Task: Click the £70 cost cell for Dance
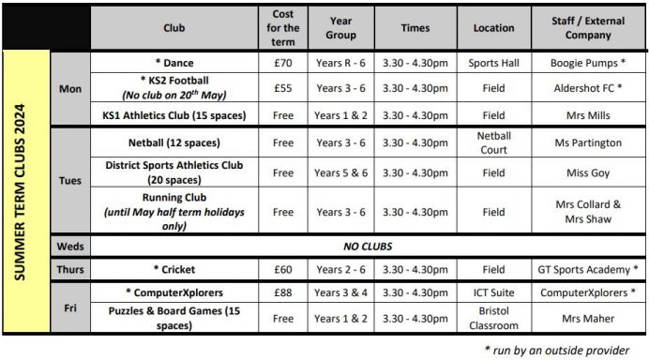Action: (x=282, y=63)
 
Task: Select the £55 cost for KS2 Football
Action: (x=282, y=88)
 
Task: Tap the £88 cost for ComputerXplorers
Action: (x=282, y=293)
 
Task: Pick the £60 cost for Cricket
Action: (x=282, y=270)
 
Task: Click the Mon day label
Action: (x=70, y=88)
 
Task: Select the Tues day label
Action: (x=70, y=180)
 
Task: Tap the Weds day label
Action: (x=70, y=247)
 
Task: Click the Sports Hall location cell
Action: (x=493, y=63)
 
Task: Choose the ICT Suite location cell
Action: (x=493, y=293)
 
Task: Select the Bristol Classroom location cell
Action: (x=493, y=319)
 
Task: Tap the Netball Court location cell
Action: (x=493, y=142)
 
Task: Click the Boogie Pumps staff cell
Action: (x=588, y=63)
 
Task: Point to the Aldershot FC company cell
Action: (x=588, y=88)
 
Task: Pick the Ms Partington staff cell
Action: (x=588, y=142)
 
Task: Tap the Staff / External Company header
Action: (x=588, y=28)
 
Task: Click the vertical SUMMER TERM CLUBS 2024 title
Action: (x=25, y=193)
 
